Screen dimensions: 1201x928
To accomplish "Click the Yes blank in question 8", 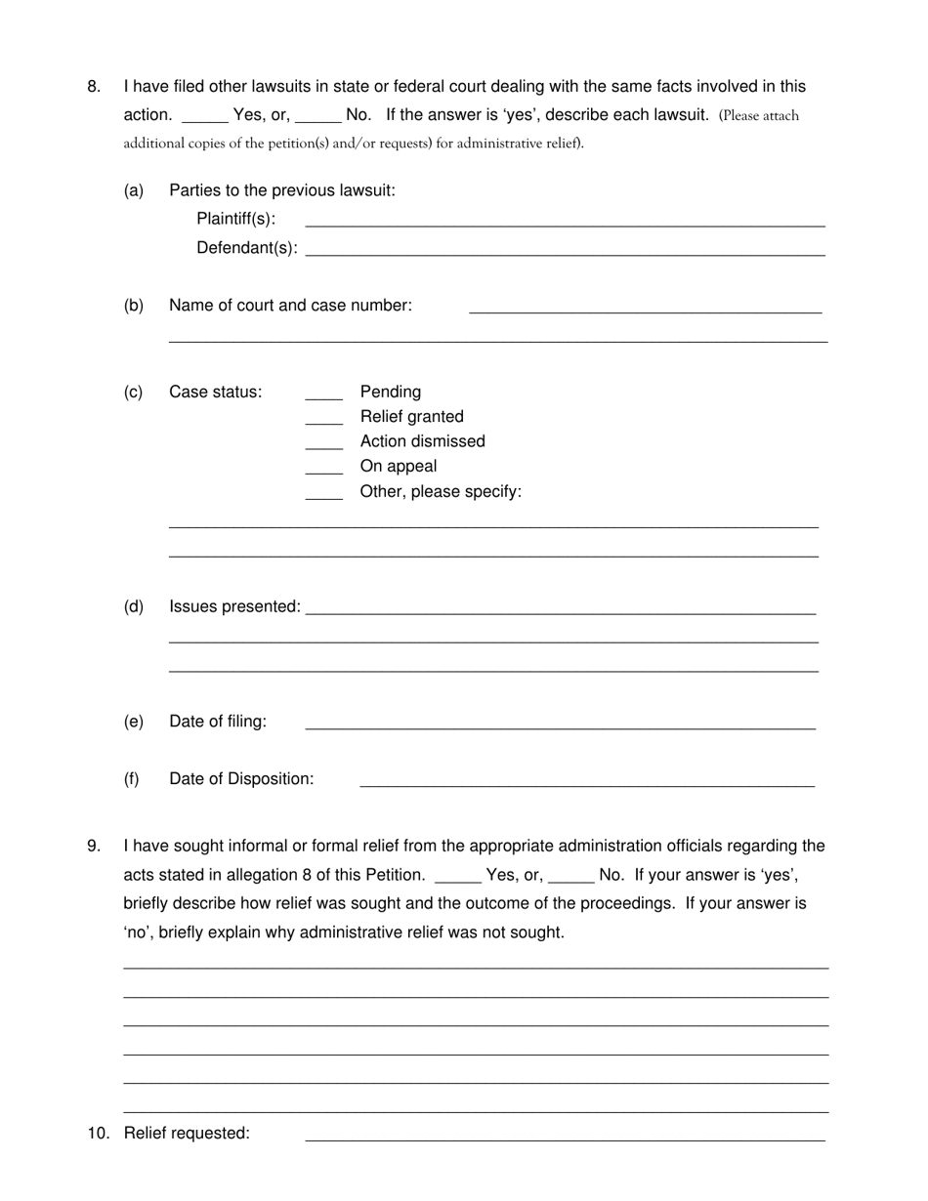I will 204,117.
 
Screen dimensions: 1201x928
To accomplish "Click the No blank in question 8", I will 317,117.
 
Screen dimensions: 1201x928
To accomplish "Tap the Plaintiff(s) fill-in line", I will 565,222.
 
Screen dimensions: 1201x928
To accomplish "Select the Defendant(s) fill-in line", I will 565,251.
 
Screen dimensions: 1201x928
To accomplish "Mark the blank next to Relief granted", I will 323,420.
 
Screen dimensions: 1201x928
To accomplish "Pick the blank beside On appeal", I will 323,470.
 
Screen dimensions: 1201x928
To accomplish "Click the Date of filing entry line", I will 560,725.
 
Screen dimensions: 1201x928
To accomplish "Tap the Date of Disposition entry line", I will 586,782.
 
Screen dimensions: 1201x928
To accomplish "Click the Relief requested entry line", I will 565,1136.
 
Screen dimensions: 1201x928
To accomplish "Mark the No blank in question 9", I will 571,878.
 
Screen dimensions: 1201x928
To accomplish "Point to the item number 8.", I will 94,86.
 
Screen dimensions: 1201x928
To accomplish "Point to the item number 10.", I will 99,1133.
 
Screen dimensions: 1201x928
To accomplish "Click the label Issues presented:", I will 234,606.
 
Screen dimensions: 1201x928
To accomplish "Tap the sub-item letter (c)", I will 133,393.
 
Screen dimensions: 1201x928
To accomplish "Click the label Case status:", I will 215,393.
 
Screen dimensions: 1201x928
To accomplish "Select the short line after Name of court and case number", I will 645,309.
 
